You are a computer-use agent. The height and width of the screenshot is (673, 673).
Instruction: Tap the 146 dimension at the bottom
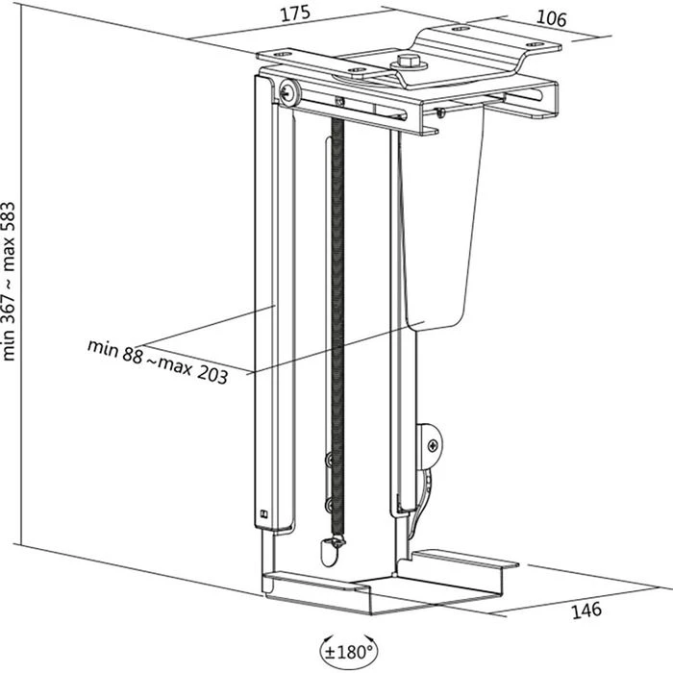pyautogui.click(x=586, y=609)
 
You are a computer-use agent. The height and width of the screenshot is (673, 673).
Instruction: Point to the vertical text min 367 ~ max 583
pyautogui.click(x=11, y=279)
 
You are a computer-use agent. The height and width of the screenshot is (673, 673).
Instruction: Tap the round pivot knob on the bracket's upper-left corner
pyautogui.click(x=287, y=90)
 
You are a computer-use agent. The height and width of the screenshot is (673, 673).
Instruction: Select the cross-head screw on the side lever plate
pyautogui.click(x=433, y=445)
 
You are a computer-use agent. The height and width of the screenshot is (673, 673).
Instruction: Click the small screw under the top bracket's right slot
pyautogui.click(x=438, y=112)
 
